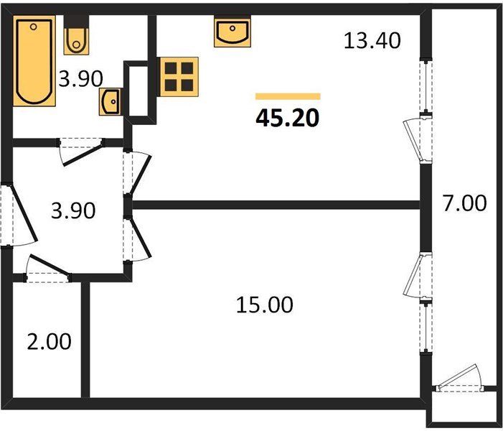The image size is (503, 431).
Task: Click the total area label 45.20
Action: [x=287, y=117]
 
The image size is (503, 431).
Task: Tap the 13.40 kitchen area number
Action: [x=371, y=41]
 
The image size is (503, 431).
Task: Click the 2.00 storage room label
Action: [x=50, y=341]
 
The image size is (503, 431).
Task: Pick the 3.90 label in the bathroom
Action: [x=81, y=78]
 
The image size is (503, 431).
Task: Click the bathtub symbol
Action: [x=33, y=62]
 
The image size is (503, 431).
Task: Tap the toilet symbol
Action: [x=75, y=40]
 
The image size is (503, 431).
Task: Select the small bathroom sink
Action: [x=112, y=103]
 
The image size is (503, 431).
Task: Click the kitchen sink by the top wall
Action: [x=232, y=32]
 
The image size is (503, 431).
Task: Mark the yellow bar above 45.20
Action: [x=288, y=96]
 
